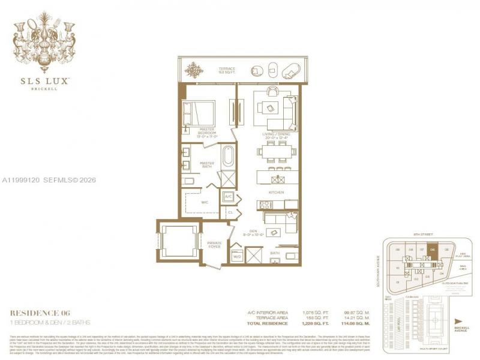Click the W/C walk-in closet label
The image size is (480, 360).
coord(204,202)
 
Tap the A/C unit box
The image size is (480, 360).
coord(229,197)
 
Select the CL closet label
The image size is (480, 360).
coord(230,212)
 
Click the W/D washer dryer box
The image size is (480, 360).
coord(236,257)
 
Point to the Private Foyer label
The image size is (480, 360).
coord(214,244)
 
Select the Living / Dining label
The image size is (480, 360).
coord(276,135)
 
